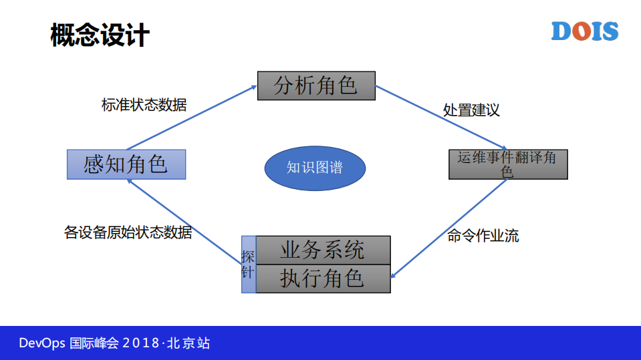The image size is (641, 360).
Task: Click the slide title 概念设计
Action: point(100,35)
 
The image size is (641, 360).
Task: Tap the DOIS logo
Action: point(584,31)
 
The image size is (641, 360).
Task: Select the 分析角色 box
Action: point(316,85)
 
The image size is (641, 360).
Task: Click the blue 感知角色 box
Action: point(126,164)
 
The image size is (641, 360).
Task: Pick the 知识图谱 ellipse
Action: point(315,168)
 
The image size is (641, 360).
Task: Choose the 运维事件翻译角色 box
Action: point(507,164)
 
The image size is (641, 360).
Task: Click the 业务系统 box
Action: point(323,250)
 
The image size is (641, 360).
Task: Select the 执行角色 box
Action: point(323,279)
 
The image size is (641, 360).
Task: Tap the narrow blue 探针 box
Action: point(248,264)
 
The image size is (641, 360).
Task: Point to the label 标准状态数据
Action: point(144,106)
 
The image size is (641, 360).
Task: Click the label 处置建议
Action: point(471,110)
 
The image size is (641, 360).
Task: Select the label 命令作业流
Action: point(483,236)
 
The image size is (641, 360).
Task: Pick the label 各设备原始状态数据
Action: point(128,232)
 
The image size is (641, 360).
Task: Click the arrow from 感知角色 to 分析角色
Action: point(192,118)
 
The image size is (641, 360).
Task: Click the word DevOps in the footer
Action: point(42,343)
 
